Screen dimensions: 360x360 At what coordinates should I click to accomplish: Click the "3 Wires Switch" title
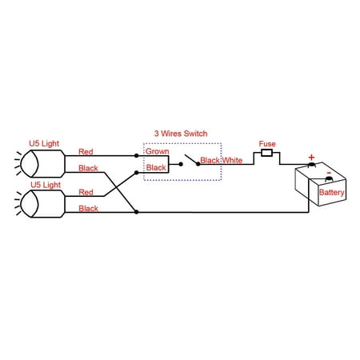[x=181, y=134]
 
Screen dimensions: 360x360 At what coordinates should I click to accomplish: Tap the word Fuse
[x=267, y=144]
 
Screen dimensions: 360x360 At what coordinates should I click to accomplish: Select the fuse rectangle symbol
[x=266, y=153]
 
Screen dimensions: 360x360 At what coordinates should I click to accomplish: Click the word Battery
[x=331, y=192]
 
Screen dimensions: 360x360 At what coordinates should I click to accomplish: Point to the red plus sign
[x=311, y=157]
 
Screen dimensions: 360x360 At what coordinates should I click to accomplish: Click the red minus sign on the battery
[x=329, y=173]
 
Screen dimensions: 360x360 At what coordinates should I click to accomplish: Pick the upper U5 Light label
[x=44, y=143]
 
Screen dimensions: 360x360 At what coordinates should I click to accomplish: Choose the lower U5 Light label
[x=46, y=185]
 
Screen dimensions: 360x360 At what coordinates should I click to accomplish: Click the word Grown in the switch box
[x=158, y=151]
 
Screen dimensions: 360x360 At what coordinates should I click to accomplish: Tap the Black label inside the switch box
[x=156, y=168]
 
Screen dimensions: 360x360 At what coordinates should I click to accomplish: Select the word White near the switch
[x=232, y=160]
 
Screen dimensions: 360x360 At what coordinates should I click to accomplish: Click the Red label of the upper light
[x=86, y=152]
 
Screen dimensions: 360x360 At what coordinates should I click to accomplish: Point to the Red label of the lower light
[x=86, y=192]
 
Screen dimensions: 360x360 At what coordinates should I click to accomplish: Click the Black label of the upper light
[x=88, y=168]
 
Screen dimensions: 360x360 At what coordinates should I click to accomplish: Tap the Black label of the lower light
[x=88, y=208]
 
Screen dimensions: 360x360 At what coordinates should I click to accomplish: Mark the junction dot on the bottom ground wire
[x=136, y=212]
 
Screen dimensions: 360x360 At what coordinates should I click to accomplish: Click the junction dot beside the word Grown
[x=136, y=155]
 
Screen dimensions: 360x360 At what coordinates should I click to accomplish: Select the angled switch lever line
[x=191, y=159]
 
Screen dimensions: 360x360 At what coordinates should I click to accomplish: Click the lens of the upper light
[x=30, y=164]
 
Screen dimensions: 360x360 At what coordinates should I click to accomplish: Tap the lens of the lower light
[x=30, y=204]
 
